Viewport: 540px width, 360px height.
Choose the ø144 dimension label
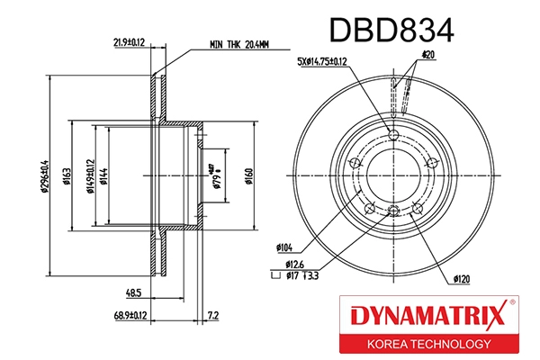105,175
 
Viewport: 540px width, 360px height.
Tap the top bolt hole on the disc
393,135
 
